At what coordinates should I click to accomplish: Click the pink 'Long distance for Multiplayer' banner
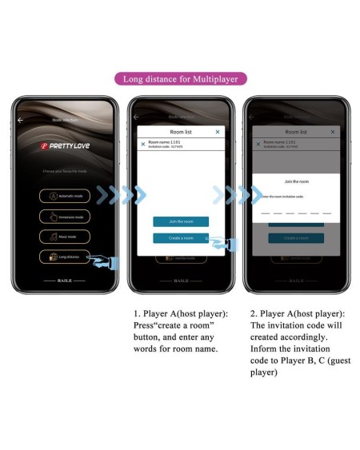(180, 78)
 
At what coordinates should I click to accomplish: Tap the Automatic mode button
(65, 196)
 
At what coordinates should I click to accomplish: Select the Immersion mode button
(65, 216)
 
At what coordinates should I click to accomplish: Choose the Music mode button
(65, 236)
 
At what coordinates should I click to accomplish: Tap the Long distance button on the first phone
(65, 257)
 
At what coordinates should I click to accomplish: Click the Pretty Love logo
(65, 147)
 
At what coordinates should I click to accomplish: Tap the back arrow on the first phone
(21, 119)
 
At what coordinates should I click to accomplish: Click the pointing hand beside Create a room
(218, 242)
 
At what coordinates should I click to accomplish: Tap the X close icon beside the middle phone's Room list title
(218, 131)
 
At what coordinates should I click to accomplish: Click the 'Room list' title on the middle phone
(180, 131)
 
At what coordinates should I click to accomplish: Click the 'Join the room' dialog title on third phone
(296, 182)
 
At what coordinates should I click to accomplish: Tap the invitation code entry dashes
(296, 213)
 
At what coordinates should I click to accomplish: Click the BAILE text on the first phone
(65, 282)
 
